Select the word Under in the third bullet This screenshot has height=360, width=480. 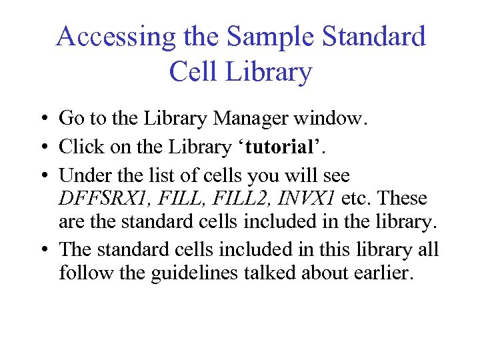click(x=81, y=176)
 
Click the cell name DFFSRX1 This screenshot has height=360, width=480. click(x=101, y=198)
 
